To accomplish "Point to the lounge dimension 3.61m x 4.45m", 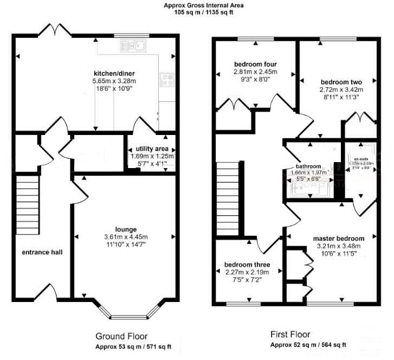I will (x=126, y=237).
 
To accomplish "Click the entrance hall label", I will (x=39, y=252).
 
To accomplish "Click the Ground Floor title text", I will (x=121, y=336).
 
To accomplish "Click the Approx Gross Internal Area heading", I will (x=196, y=5).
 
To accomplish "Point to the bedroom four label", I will (x=255, y=63).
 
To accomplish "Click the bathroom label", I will (x=308, y=166).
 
